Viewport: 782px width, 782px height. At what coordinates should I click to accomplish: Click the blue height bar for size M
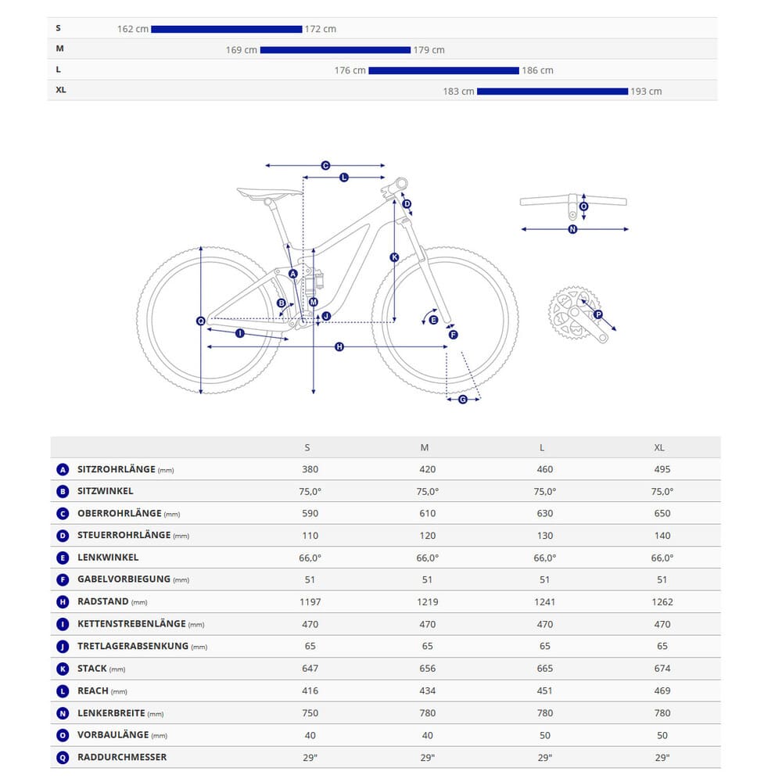(x=335, y=50)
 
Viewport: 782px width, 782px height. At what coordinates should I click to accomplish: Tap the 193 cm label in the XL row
(x=647, y=91)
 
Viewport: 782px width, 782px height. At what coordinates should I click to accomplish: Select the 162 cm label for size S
(x=132, y=29)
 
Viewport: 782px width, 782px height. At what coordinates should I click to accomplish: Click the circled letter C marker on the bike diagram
(x=325, y=166)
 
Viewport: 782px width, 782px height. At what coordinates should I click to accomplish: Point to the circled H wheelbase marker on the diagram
(x=339, y=346)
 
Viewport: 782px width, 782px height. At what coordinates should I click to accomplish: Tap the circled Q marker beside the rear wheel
(x=201, y=321)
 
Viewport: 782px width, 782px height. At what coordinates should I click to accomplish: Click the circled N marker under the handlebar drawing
(x=572, y=229)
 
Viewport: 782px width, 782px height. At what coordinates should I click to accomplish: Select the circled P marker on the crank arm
(x=598, y=314)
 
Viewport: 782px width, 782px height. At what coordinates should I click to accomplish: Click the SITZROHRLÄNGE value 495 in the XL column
(x=662, y=469)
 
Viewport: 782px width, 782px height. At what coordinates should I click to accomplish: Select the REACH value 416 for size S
(x=310, y=691)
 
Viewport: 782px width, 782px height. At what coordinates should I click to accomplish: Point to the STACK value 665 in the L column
(x=544, y=669)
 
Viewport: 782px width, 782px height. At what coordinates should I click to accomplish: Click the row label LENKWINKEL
(x=108, y=558)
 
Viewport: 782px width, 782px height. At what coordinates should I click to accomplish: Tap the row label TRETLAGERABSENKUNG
(x=133, y=646)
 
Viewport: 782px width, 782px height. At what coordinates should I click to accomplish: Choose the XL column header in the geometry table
(x=659, y=447)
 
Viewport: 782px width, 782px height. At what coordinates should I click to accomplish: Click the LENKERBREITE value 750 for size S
(x=310, y=712)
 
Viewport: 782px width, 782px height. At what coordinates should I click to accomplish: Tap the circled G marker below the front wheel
(x=462, y=399)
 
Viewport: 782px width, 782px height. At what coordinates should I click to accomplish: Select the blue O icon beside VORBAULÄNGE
(x=63, y=735)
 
